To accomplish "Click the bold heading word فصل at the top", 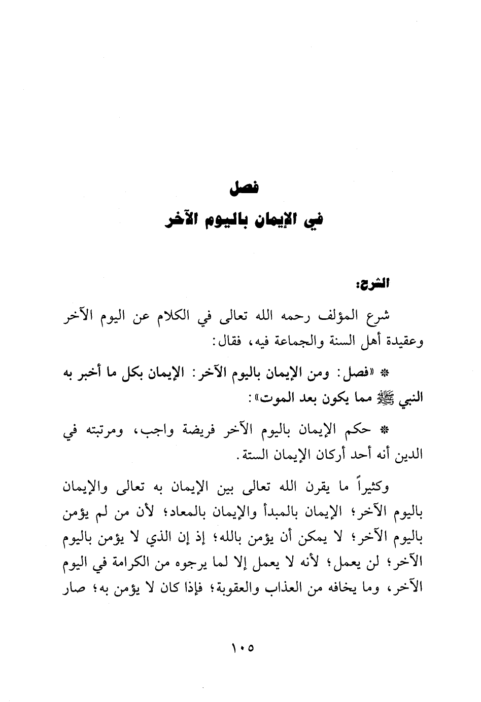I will click(244, 189).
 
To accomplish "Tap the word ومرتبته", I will click(108, 430).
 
